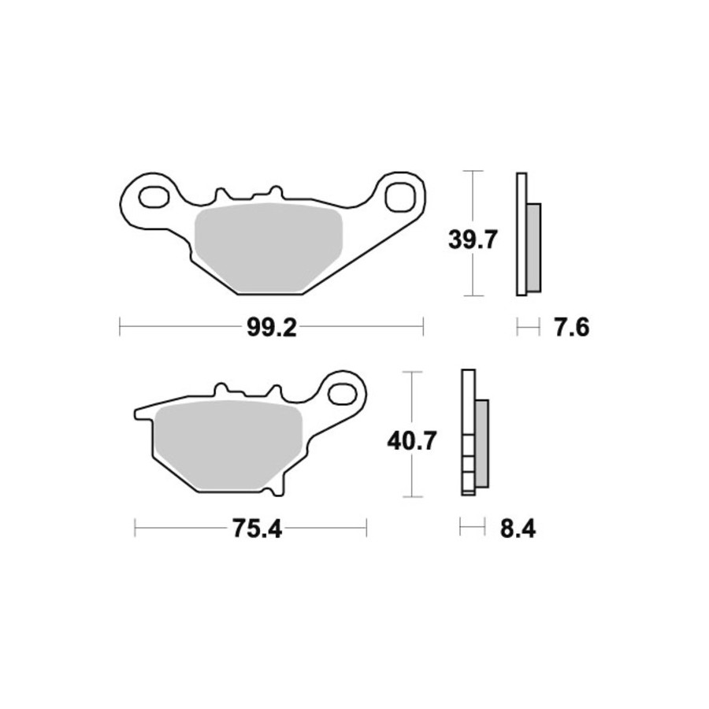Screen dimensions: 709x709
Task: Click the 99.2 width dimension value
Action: tap(271, 328)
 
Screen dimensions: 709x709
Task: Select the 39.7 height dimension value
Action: tap(473, 239)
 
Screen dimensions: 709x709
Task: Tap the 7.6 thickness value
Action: tap(572, 328)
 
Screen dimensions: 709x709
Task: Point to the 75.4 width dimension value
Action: tap(257, 529)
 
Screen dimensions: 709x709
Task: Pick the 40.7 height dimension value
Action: tap(411, 441)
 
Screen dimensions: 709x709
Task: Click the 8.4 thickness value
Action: tap(518, 529)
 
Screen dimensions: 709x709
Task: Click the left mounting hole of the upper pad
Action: tap(154, 197)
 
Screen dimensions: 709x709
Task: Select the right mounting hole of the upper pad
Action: tap(400, 196)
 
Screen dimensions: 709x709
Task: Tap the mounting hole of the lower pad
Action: tap(342, 395)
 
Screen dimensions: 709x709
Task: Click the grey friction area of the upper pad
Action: tap(269, 247)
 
